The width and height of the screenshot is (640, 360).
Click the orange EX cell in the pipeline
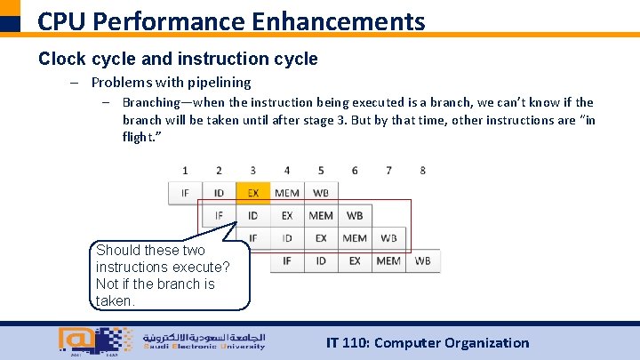[253, 192]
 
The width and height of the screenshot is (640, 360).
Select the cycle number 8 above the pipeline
[422, 170]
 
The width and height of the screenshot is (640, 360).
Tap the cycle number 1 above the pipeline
[185, 170]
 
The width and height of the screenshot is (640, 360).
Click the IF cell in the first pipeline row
[185, 192]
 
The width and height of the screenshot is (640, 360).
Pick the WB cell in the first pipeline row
[320, 192]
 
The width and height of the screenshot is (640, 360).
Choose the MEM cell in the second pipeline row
[321, 215]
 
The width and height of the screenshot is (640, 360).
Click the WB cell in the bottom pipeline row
[422, 260]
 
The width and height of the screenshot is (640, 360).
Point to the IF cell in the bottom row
[287, 260]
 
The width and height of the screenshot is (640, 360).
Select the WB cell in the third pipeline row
[388, 237]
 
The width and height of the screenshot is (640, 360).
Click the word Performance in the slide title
[160, 20]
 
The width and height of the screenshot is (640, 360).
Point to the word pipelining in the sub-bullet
[219, 82]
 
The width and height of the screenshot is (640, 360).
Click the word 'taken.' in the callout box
[115, 300]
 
